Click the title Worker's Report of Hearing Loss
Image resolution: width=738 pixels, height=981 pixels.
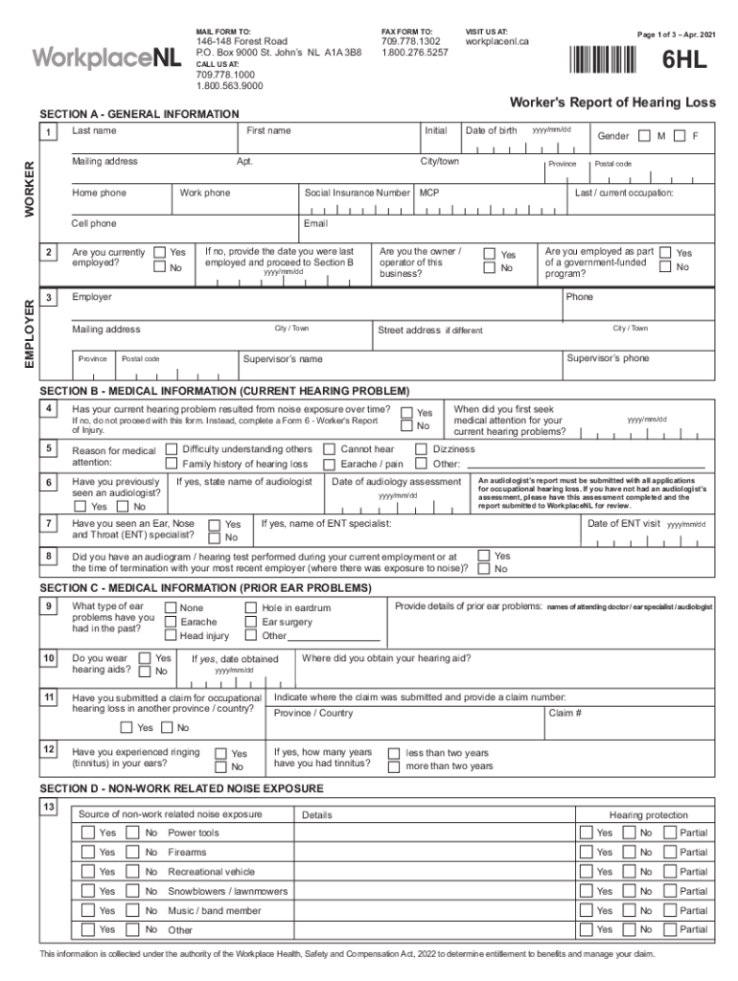click(x=611, y=103)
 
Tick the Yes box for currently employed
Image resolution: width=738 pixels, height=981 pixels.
click(x=160, y=253)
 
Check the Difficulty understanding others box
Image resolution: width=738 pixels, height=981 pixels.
click(x=172, y=448)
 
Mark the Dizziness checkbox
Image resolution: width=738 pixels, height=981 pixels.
click(x=421, y=448)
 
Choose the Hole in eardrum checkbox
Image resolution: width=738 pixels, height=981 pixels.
click(x=251, y=607)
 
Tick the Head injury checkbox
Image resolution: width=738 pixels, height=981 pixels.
click(x=171, y=635)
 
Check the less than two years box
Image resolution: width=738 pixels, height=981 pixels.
click(x=393, y=753)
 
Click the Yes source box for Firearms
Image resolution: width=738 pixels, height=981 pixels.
click(x=87, y=852)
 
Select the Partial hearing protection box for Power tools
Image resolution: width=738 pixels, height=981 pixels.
click(x=670, y=833)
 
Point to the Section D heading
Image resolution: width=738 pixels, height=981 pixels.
click(x=181, y=788)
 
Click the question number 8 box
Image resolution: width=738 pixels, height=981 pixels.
click(x=48, y=556)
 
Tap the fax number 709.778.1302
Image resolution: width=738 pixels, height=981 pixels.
click(x=410, y=42)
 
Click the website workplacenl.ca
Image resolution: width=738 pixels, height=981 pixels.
click(x=496, y=42)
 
